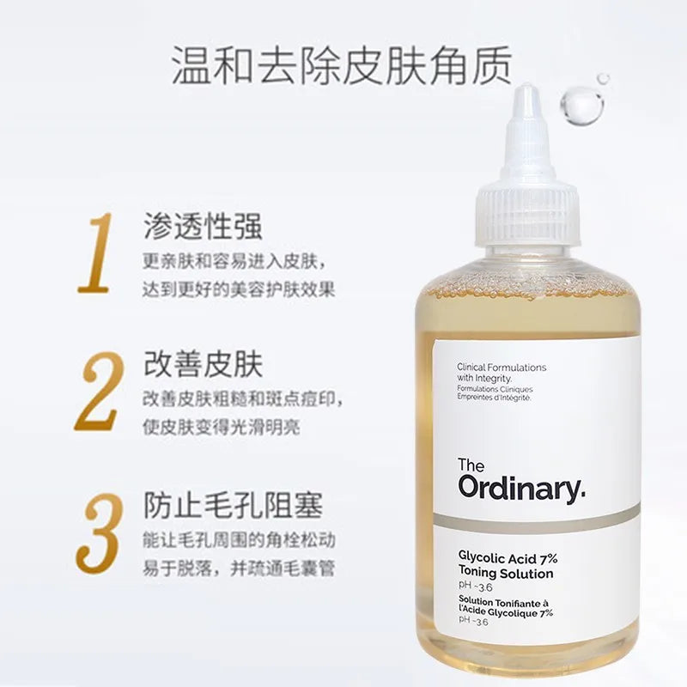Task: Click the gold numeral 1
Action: tap(96, 252)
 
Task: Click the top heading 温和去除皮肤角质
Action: tap(342, 65)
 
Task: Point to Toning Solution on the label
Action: tap(506, 574)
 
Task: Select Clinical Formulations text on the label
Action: tap(502, 367)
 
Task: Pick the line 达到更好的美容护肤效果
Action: tap(238, 289)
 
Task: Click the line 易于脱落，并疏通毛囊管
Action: tap(238, 568)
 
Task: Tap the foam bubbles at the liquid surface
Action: tap(532, 289)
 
